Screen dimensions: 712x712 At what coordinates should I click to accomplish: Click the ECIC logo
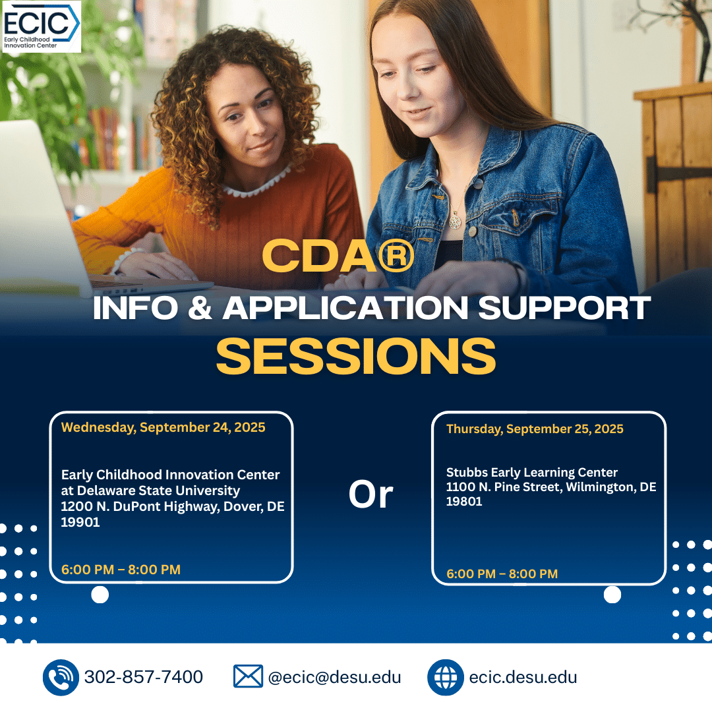(x=42, y=26)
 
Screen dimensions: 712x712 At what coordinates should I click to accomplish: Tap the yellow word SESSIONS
(x=356, y=357)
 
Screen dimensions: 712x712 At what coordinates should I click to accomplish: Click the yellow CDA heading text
(x=338, y=256)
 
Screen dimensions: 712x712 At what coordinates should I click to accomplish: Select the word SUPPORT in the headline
(x=564, y=308)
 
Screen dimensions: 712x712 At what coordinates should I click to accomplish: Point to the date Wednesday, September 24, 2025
(x=163, y=427)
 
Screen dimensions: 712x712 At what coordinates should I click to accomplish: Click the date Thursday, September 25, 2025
(x=535, y=429)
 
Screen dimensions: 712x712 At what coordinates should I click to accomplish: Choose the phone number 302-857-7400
(x=144, y=676)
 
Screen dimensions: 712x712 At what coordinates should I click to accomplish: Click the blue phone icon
(x=61, y=678)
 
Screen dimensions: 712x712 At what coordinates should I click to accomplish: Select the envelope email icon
(x=248, y=676)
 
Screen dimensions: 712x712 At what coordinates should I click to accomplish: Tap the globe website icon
(x=446, y=678)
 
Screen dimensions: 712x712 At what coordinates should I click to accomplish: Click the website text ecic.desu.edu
(x=523, y=677)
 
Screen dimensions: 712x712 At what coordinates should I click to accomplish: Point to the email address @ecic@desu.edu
(x=335, y=677)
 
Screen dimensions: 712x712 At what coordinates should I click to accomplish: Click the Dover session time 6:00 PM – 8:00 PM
(x=121, y=570)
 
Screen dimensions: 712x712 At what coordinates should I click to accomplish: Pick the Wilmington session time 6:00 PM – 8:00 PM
(x=502, y=574)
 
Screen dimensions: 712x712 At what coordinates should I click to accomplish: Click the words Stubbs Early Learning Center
(x=532, y=473)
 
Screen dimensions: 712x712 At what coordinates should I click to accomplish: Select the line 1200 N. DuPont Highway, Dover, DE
(x=173, y=506)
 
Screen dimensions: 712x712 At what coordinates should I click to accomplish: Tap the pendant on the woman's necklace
(x=455, y=221)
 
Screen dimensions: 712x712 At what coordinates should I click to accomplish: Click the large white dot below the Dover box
(x=100, y=595)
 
